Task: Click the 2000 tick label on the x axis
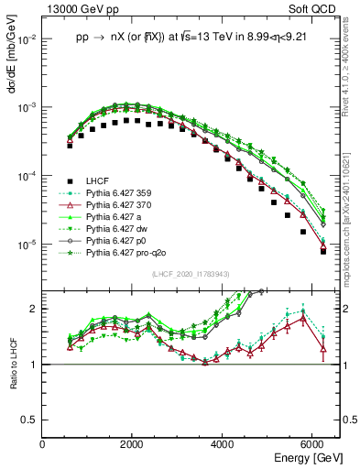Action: coord(133,443)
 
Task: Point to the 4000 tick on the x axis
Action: coord(224,443)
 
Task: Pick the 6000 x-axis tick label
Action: coord(313,443)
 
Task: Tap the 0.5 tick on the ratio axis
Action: coord(30,420)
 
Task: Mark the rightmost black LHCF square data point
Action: coord(323,251)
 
